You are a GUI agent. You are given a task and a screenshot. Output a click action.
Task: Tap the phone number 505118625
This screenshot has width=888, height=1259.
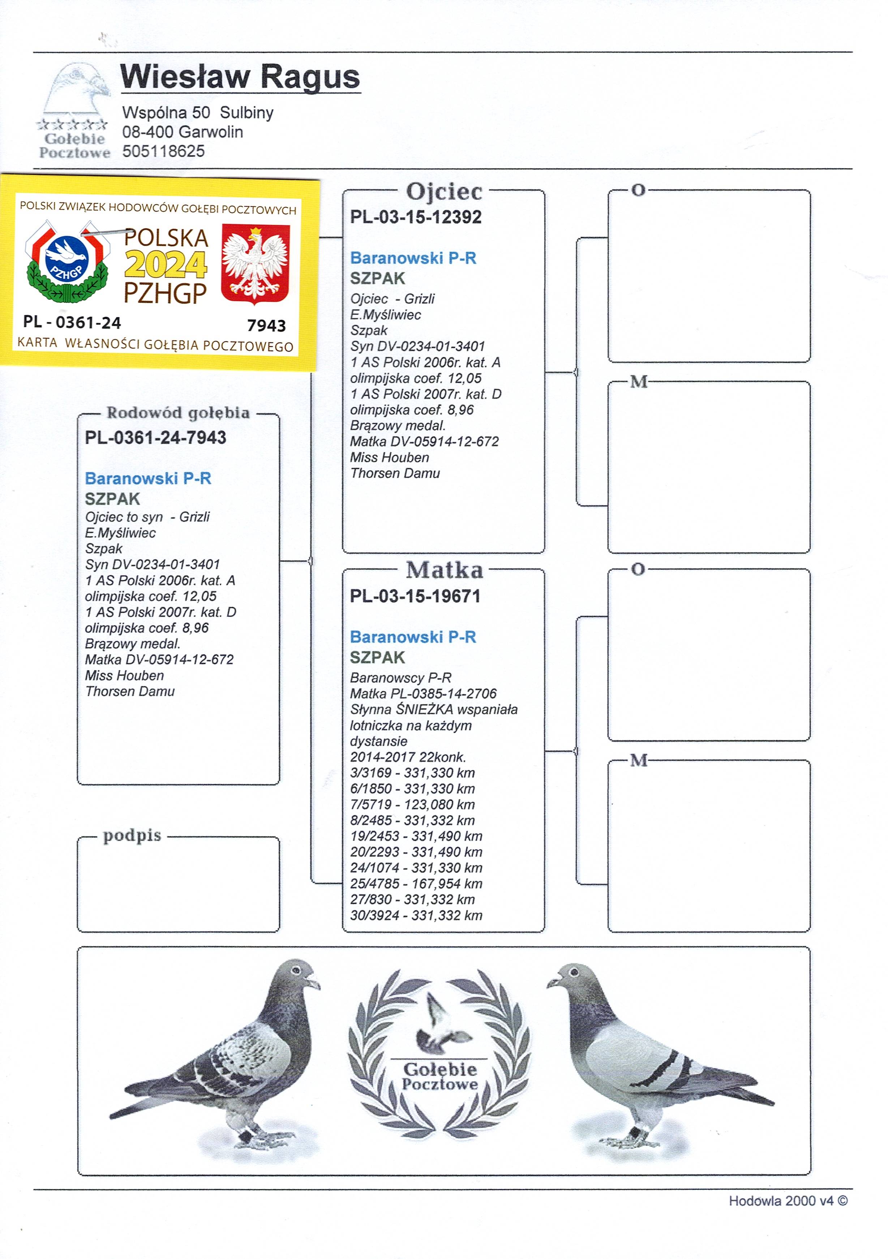(163, 151)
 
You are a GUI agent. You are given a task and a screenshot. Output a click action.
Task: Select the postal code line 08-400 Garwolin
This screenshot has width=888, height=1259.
(182, 132)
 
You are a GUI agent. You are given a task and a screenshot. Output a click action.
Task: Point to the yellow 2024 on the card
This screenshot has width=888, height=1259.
(166, 265)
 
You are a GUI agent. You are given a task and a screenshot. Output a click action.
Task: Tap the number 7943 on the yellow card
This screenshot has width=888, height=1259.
(267, 326)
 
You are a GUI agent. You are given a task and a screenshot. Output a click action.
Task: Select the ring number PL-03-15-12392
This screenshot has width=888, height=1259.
(416, 217)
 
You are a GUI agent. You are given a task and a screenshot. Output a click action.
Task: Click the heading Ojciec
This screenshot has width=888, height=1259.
(444, 192)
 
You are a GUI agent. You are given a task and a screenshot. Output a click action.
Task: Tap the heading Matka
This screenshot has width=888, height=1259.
(444, 570)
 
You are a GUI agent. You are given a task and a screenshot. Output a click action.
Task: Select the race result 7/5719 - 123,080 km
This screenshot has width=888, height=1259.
(412, 804)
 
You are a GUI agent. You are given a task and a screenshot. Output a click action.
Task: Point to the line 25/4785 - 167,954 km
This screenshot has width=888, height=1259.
(416, 884)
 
